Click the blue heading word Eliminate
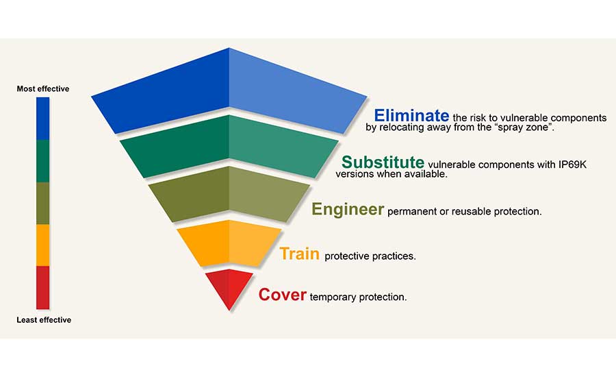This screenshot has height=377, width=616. coord(411,116)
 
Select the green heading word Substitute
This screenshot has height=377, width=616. coord(383,162)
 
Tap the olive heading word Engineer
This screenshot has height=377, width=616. coord(348,209)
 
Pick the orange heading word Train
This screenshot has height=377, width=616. coord(299,254)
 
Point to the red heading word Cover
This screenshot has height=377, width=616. coord(282,295)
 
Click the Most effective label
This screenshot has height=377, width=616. coord(43,89)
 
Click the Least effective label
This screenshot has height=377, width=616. coord(43,320)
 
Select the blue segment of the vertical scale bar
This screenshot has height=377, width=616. coord(43,119)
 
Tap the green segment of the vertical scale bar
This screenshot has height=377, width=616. coord(43,161)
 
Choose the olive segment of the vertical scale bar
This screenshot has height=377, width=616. coord(43,203)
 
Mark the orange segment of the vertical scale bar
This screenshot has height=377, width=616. coord(43,245)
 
